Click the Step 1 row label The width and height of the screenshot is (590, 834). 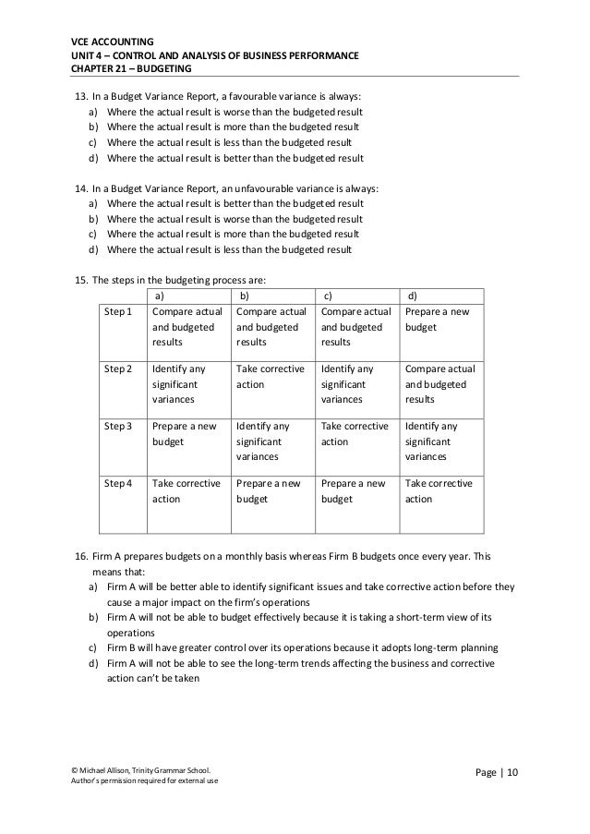pos(118,311)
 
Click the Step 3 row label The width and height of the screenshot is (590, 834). pos(118,426)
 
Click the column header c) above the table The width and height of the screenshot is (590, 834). pos(328,296)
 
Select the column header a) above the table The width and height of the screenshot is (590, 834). pos(159,296)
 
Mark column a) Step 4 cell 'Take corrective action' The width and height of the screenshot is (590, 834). pos(186,490)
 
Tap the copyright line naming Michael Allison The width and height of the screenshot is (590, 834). pos(140,769)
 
